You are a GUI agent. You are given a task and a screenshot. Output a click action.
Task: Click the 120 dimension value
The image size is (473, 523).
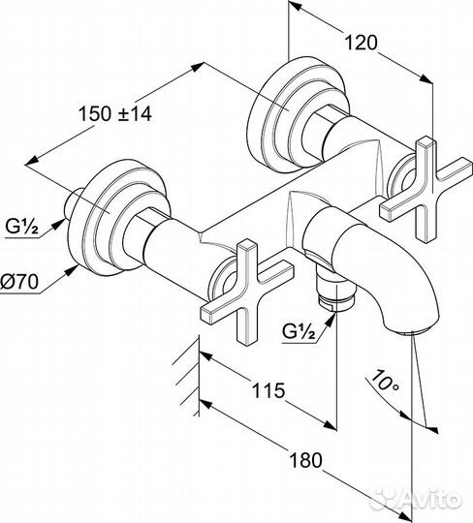(x=361, y=43)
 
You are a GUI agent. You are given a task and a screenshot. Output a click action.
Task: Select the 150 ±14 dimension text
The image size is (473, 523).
(x=114, y=113)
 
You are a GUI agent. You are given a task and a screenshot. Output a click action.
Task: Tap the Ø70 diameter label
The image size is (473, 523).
(x=19, y=282)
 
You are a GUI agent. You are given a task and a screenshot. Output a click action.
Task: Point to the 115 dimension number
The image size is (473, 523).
(x=268, y=390)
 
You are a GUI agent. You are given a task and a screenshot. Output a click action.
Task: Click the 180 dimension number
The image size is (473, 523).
(x=305, y=460)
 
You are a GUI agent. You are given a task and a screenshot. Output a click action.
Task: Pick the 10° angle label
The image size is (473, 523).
(x=384, y=381)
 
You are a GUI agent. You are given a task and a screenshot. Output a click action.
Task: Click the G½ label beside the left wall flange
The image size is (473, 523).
(x=21, y=227)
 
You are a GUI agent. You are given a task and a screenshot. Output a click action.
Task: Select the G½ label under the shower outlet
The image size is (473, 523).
(x=299, y=331)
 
